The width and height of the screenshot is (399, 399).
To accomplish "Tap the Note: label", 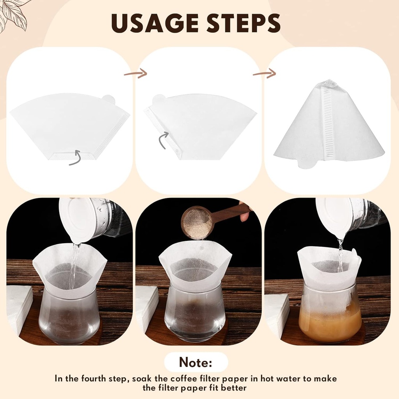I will (x=196, y=362).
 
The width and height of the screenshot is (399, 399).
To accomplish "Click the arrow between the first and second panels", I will (x=136, y=73).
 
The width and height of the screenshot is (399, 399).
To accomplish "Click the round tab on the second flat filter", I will (x=159, y=99).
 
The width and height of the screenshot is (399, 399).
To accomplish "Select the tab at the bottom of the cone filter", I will (x=308, y=163).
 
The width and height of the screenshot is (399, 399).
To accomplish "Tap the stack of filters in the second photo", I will (x=146, y=308).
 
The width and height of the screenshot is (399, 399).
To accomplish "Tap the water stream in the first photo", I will (x=74, y=265).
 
